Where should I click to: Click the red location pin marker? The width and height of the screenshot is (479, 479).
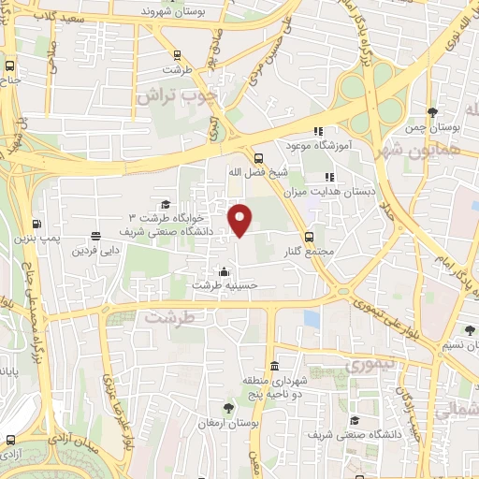click(241, 219)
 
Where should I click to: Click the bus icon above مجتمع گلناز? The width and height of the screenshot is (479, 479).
click(309, 236)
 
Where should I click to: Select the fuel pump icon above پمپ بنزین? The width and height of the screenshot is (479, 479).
click(36, 223)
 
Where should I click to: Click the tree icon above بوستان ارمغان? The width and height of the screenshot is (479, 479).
click(228, 408)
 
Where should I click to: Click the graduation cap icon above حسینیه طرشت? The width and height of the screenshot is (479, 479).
click(223, 271)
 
